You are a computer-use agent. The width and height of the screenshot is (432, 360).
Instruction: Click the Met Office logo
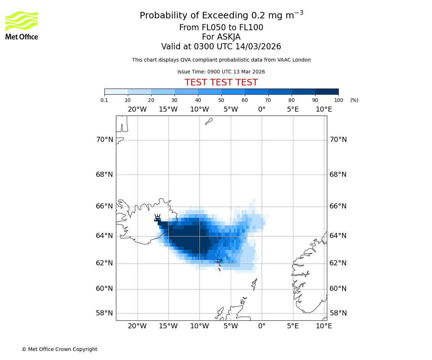pyautogui.click(x=22, y=25)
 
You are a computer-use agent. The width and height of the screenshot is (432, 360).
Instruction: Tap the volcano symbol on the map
pyautogui.click(x=157, y=218)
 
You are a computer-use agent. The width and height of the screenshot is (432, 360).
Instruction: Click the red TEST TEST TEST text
pyautogui.click(x=221, y=82)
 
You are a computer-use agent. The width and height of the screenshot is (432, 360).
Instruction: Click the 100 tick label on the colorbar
pyautogui.click(x=338, y=100)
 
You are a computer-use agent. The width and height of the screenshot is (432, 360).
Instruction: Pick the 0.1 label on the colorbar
pyautogui.click(x=104, y=100)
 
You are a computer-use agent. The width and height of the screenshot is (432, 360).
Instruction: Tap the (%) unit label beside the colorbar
pyautogui.click(x=354, y=100)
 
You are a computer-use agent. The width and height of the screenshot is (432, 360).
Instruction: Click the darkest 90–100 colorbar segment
pyautogui.click(x=327, y=91)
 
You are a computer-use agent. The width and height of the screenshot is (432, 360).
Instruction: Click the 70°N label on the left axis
pyautogui.click(x=104, y=140)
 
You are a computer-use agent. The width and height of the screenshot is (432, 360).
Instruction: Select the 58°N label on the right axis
pyautogui.click(x=338, y=313)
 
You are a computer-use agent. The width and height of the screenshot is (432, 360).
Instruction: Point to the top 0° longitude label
pyautogui.click(x=262, y=109)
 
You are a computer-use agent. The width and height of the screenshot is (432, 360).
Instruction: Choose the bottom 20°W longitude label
pyautogui.click(x=137, y=326)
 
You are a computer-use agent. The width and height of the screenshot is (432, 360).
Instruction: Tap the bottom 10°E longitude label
pyautogui.click(x=324, y=326)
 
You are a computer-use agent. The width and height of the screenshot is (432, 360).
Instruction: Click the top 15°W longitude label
pyautogui.click(x=168, y=109)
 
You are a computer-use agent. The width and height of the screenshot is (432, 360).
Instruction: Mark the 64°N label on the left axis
pyautogui.click(x=104, y=236)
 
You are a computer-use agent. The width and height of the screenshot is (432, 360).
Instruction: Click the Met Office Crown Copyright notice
pyautogui.click(x=59, y=349)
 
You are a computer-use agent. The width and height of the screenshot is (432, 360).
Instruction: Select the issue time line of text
pyautogui.click(x=221, y=72)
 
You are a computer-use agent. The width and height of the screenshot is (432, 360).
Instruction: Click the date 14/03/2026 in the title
pyautogui.click(x=258, y=47)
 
